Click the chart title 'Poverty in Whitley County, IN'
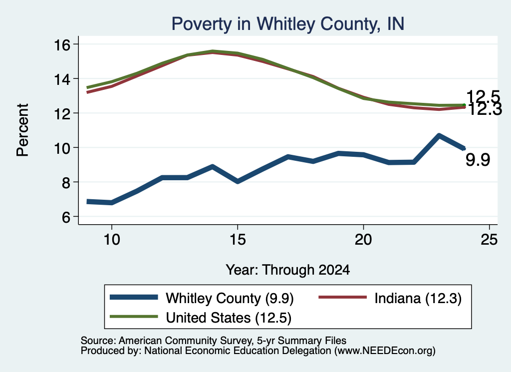tap(288, 24)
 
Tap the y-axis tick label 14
tap(62, 79)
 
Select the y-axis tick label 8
tap(66, 183)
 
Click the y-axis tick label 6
tap(66, 217)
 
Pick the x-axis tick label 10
tap(112, 240)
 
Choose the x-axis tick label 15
tap(238, 240)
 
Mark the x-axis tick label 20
tap(363, 240)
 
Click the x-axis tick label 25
tap(489, 240)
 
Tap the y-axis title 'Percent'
tap(22, 130)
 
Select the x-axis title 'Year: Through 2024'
tap(288, 270)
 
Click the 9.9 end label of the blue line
tap(478, 160)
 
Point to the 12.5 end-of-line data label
tap(483, 97)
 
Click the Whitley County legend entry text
tap(230, 298)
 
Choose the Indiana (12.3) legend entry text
tap(418, 298)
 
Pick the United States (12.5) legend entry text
tap(229, 318)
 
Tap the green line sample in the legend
tap(134, 317)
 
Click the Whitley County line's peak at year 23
tap(439, 135)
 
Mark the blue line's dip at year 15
tap(238, 181)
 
